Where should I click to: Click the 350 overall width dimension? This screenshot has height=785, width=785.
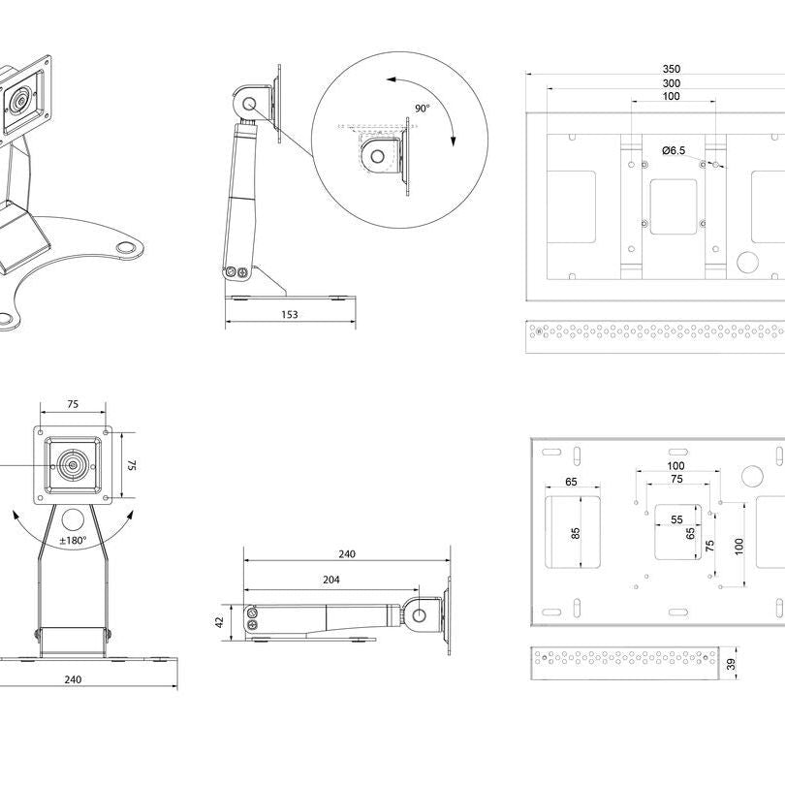click(671, 69)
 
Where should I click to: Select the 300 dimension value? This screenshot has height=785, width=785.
click(671, 83)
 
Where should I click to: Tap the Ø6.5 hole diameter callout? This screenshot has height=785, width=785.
click(674, 150)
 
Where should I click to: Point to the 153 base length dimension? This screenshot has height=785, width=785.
click(290, 314)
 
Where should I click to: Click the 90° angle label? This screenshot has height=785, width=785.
click(422, 110)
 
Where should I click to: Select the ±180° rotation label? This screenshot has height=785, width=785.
click(73, 540)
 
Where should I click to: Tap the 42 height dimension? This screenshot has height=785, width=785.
click(219, 621)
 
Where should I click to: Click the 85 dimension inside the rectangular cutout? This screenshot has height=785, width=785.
click(576, 533)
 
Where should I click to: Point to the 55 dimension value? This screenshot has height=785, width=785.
click(675, 519)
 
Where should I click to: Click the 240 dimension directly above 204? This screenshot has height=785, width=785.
click(347, 554)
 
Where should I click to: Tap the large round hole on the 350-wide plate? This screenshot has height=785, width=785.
click(747, 262)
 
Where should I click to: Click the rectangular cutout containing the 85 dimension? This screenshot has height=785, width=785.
click(573, 532)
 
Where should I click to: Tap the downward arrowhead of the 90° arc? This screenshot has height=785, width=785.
click(453, 141)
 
